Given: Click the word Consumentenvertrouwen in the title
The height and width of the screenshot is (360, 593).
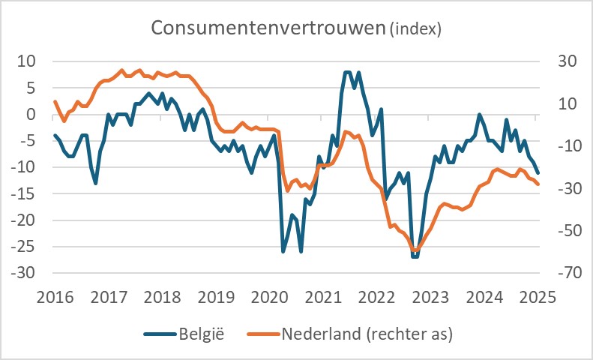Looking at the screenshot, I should [x=268, y=28].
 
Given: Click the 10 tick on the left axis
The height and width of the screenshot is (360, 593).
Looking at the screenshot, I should [x=28, y=61].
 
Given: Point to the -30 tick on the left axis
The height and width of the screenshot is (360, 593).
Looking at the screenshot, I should [x=22, y=274].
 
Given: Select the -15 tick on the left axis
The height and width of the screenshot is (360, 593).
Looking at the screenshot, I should [x=22, y=194].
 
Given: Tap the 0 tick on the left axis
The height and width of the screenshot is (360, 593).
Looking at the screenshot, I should [x=31, y=115].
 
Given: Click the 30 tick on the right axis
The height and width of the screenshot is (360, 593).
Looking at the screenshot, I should [x=561, y=61].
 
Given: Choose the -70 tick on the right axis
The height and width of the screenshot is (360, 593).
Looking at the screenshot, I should [x=563, y=274].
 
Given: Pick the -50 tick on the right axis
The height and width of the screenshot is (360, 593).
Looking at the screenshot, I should [x=563, y=231].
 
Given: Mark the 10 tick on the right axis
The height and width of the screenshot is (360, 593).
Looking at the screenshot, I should [x=561, y=104].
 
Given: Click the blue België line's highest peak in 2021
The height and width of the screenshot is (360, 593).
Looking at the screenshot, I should [x=347, y=73].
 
